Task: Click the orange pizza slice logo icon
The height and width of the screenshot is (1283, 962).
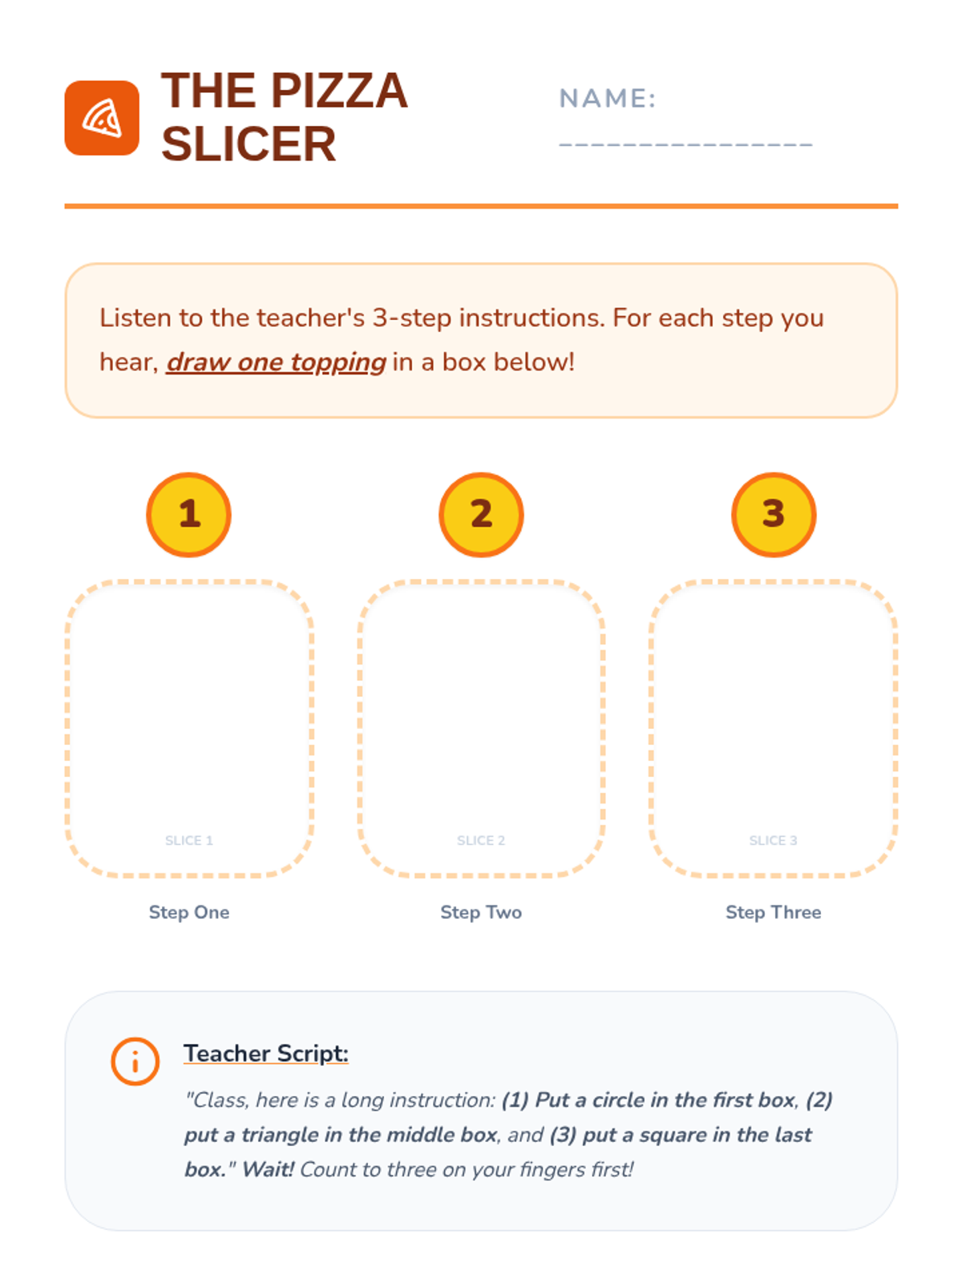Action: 102,118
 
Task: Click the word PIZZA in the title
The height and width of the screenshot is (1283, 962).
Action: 339,91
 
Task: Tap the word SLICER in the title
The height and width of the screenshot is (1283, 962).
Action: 249,144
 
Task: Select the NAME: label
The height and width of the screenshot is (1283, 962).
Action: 607,98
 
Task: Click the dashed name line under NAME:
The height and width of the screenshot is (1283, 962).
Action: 685,144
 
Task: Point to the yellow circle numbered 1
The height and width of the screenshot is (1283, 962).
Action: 188,514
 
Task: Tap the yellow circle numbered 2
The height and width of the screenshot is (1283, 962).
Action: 481,514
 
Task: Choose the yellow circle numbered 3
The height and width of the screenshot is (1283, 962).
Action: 774,514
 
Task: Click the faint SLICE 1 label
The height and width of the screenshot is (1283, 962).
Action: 188,840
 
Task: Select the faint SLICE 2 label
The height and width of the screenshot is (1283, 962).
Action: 481,840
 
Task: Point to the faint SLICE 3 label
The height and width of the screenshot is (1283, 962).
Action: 773,840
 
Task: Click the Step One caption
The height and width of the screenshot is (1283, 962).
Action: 188,912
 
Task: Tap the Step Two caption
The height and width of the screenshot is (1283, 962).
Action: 481,912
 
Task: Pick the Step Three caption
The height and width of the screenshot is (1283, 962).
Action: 773,912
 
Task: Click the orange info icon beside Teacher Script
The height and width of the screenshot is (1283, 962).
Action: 135,1062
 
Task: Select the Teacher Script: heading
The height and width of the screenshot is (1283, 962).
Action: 266,1054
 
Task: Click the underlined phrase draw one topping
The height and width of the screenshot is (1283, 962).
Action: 276,362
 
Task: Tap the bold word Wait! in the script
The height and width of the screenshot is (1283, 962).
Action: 268,1170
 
